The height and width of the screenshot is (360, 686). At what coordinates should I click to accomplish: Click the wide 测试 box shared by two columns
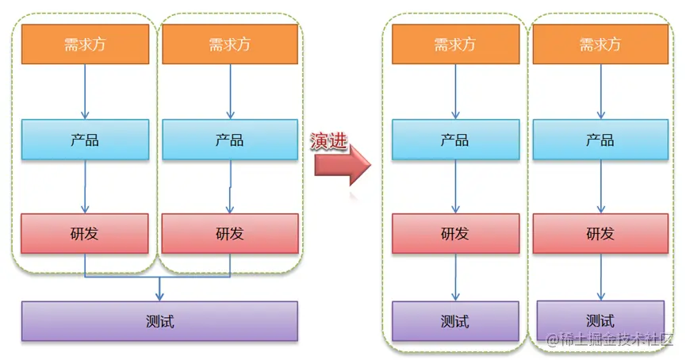(x=159, y=321)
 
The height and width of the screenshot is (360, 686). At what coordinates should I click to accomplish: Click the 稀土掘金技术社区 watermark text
(x=611, y=341)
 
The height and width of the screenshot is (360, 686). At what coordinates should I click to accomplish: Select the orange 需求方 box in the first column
(x=85, y=44)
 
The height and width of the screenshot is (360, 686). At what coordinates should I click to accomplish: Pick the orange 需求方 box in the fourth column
(x=599, y=44)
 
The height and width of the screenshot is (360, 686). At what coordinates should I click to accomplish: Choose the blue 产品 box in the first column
(x=85, y=140)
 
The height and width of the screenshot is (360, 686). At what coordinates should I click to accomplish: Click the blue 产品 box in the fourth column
(x=599, y=140)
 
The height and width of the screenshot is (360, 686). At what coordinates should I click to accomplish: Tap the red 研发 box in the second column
(x=230, y=233)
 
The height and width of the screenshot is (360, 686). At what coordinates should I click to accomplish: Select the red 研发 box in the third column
(x=454, y=233)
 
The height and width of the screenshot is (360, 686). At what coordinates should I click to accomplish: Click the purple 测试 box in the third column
(x=454, y=320)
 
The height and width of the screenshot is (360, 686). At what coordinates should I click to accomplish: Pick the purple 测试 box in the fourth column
(x=600, y=320)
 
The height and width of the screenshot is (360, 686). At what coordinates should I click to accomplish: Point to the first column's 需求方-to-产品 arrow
(x=85, y=91)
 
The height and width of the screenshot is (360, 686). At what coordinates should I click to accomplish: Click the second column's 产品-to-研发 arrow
(x=230, y=186)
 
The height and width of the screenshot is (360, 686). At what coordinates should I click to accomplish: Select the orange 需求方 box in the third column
(x=454, y=44)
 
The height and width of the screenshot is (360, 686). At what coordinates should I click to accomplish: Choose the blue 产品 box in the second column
(x=230, y=140)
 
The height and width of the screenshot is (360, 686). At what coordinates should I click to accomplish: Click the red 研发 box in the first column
(x=85, y=233)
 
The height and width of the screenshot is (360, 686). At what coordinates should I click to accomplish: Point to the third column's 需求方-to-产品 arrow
(x=454, y=91)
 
